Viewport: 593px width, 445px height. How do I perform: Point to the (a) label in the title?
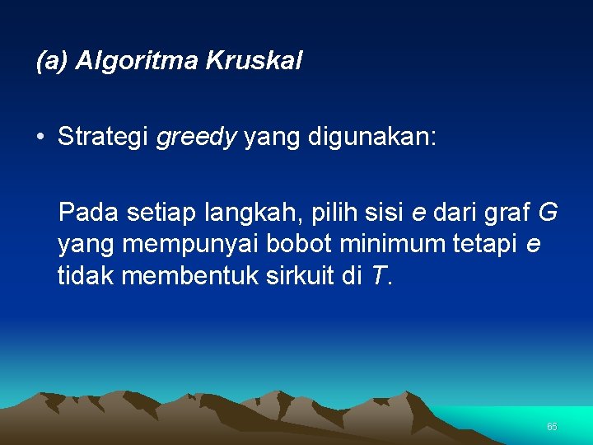(x=52, y=61)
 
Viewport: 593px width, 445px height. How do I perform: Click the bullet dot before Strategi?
(x=40, y=137)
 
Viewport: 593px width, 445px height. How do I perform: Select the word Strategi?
(x=103, y=137)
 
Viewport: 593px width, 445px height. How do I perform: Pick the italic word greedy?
(x=196, y=137)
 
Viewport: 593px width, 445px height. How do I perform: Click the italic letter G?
(x=548, y=213)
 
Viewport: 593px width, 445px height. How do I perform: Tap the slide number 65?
(x=552, y=427)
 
